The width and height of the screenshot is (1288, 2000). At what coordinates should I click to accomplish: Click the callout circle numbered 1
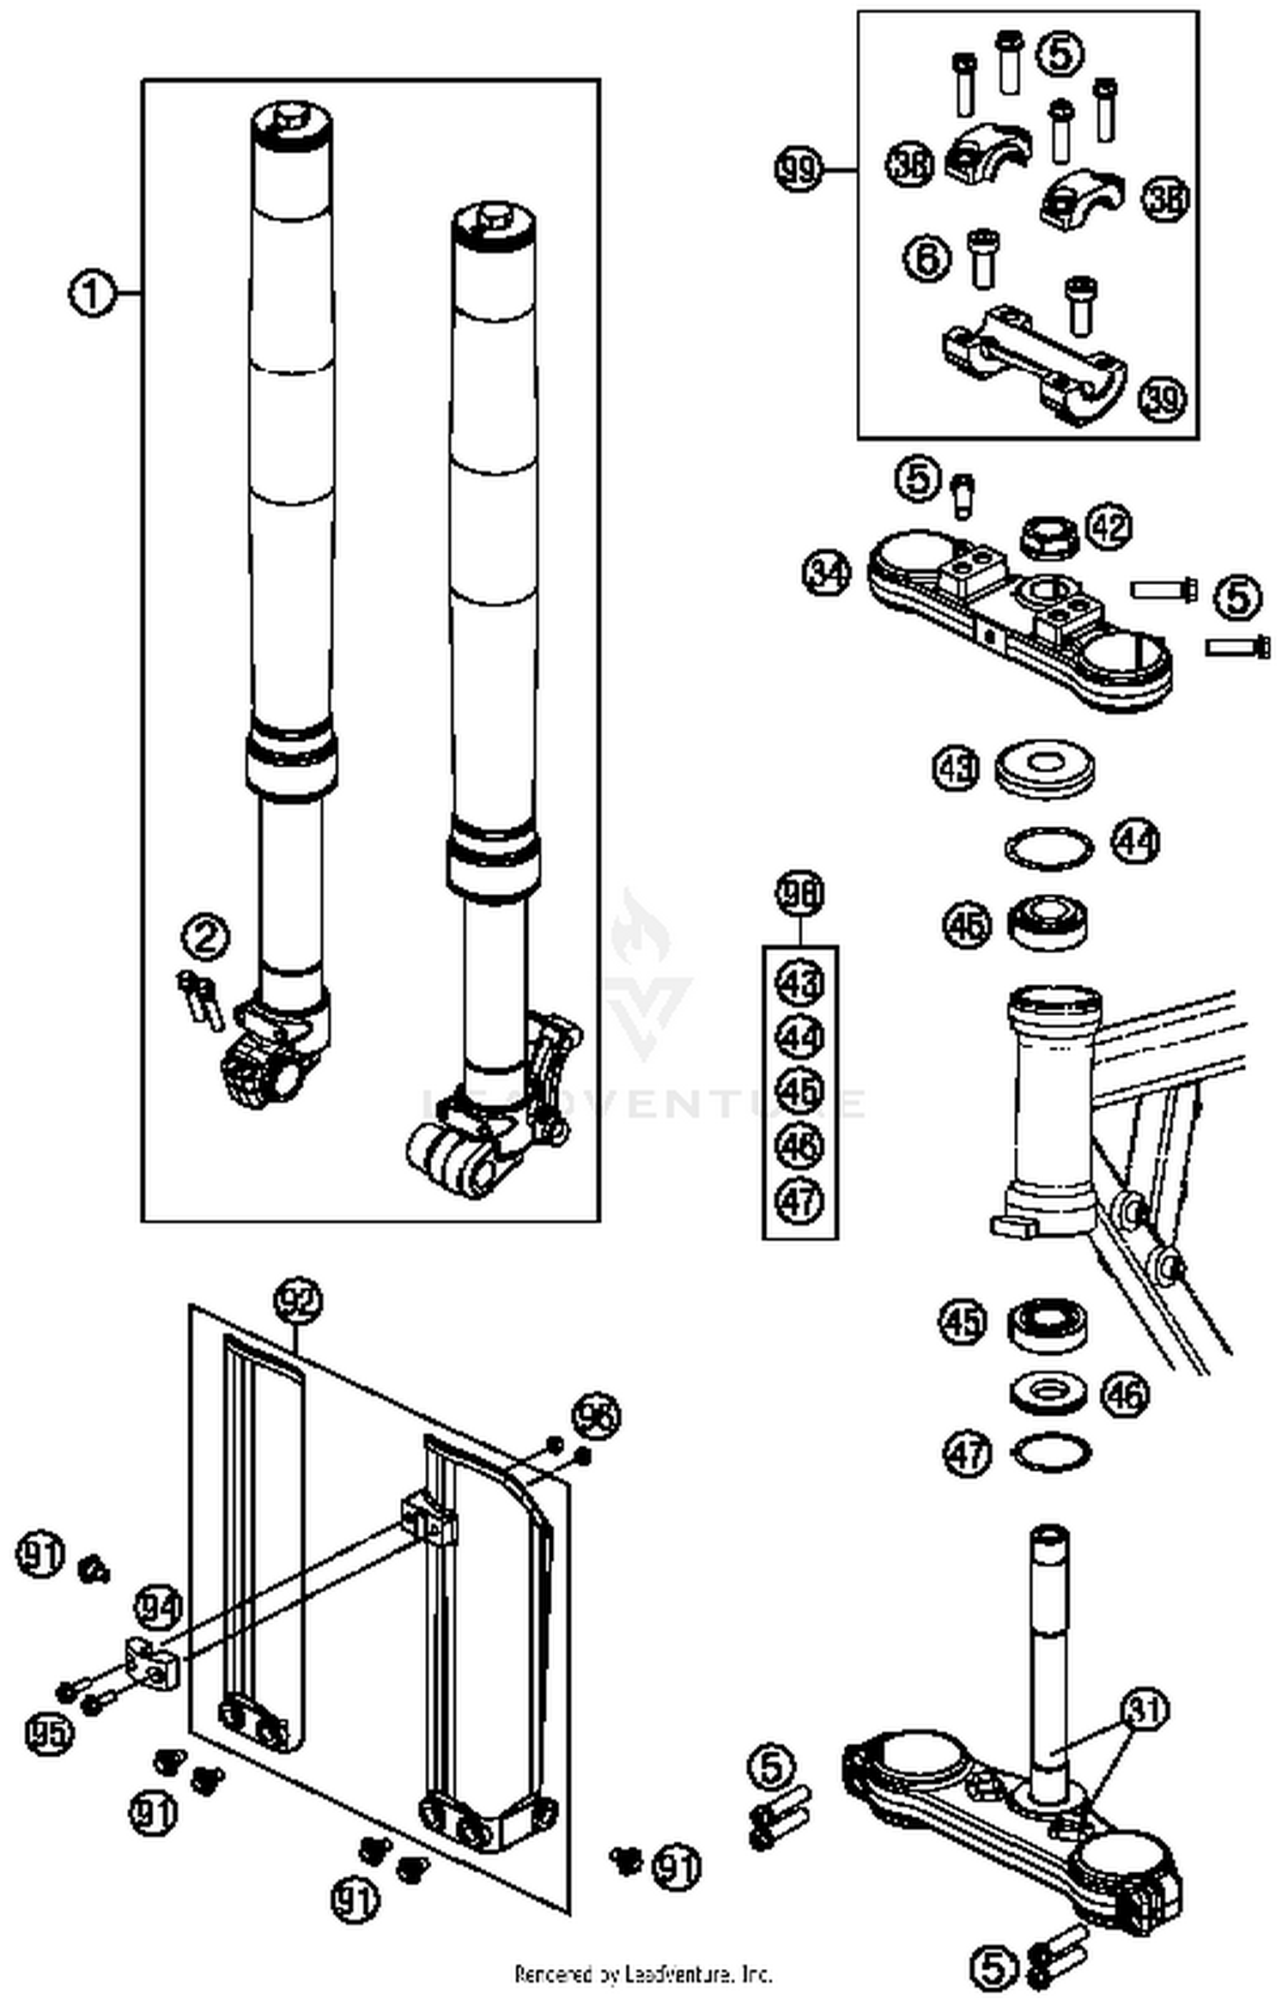(91, 295)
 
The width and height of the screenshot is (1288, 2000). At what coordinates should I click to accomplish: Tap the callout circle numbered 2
(206, 938)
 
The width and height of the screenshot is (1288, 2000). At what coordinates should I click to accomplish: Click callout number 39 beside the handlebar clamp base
(1162, 398)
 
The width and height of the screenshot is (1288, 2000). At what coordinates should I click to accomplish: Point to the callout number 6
(927, 258)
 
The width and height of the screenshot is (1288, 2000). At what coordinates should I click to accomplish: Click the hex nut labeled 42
(1047, 538)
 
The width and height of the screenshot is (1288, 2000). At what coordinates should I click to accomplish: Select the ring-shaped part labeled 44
(1050, 848)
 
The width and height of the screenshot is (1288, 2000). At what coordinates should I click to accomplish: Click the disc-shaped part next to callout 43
(1046, 766)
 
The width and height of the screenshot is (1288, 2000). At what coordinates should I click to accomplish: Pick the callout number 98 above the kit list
(799, 894)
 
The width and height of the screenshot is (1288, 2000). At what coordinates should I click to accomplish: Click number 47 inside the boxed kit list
(799, 1200)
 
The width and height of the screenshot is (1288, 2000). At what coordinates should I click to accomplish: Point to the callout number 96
(596, 1416)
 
